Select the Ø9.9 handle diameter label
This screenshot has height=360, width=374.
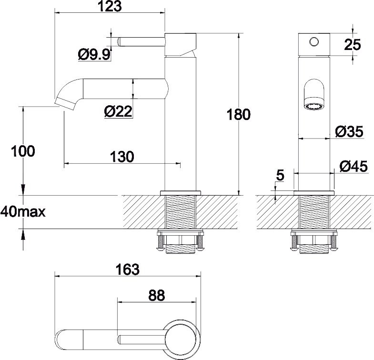tap(94, 55)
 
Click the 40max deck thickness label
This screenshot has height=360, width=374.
tap(23, 212)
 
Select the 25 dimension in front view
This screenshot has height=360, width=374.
tap(353, 45)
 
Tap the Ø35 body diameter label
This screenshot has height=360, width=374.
tap(350, 131)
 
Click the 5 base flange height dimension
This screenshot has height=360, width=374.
tap(280, 175)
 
